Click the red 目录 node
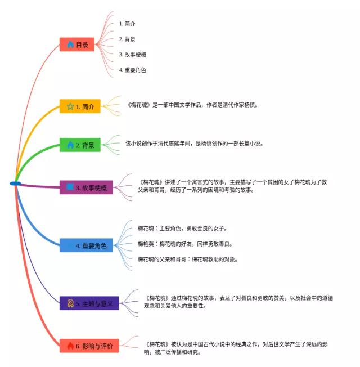point(77,44)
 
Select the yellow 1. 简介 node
point(80,106)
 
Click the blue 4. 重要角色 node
point(87,245)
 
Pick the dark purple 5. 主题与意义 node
point(89,303)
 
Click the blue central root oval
point(15,183)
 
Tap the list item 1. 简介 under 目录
point(127,24)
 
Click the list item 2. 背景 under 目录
point(127,39)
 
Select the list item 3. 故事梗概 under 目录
point(133,54)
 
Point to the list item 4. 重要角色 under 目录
point(133,70)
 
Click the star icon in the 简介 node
point(70,106)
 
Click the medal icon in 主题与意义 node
point(70,303)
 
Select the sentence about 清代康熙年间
point(194,144)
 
